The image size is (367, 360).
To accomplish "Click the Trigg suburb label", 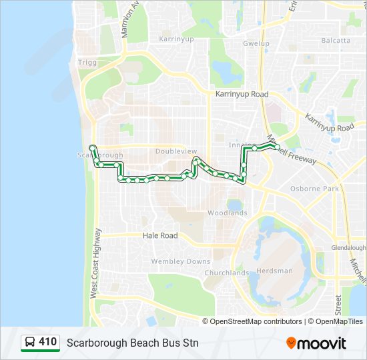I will [x=87, y=62].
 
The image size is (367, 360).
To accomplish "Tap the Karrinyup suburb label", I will [x=175, y=39].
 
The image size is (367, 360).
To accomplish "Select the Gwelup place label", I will [x=256, y=43].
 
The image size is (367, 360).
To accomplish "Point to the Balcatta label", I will [x=336, y=40].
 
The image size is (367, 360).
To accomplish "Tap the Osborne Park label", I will [x=315, y=189].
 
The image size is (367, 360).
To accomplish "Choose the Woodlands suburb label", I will [x=228, y=213].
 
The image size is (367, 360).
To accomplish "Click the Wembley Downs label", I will [x=181, y=261].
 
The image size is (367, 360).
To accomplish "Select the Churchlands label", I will [x=226, y=273].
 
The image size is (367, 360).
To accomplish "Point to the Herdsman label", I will [x=275, y=271].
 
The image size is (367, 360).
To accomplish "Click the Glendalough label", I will [x=348, y=247].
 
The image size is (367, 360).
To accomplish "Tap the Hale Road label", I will [x=160, y=235].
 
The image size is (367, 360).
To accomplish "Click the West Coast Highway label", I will [x=95, y=263].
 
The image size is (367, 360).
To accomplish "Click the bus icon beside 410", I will [x=30, y=343].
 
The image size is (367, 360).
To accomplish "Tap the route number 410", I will [x=48, y=342].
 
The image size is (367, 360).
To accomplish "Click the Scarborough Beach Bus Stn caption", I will [x=132, y=343].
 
